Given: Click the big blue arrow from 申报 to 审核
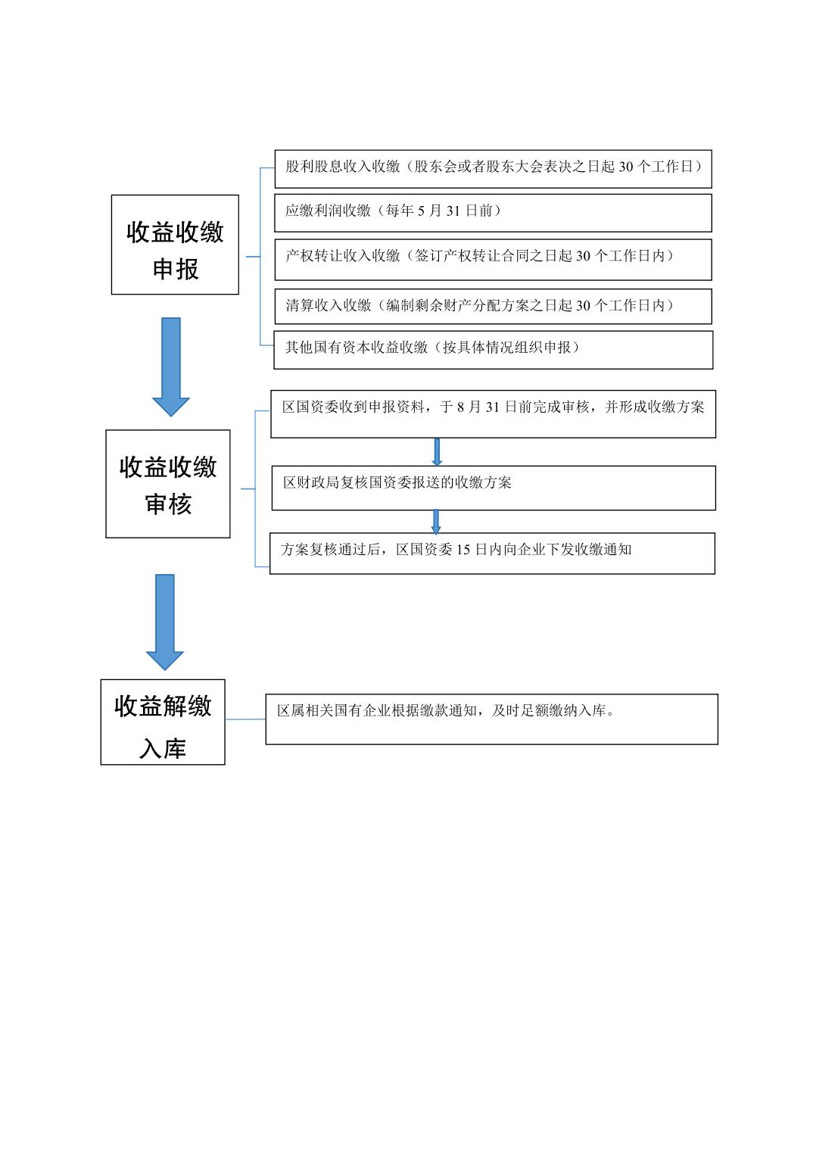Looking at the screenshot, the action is (x=171, y=367).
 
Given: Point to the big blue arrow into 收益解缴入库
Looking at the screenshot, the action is (x=165, y=622).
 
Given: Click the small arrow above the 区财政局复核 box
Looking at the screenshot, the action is (x=437, y=451).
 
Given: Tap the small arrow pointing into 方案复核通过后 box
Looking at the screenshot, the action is (x=436, y=522).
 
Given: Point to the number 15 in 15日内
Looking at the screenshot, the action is (x=463, y=550).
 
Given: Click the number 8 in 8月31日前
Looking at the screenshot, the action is (x=460, y=407).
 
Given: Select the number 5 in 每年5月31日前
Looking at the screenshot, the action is (x=421, y=211).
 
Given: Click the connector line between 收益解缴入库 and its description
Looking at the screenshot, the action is (x=245, y=719).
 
